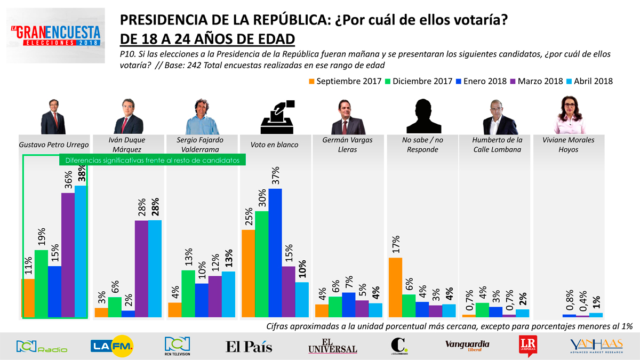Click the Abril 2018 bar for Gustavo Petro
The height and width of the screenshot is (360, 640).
81,251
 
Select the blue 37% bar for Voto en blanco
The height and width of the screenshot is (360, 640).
275,253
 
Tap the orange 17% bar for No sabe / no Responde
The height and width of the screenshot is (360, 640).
395,287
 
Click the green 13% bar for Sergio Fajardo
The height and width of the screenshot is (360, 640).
188,293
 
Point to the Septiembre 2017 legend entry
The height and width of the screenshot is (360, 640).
345,82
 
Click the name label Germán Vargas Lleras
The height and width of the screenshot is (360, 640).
348,145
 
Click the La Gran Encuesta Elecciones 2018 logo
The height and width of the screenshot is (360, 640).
55,36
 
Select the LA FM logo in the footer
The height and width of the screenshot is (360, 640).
112,346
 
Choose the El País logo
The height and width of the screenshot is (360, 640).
249,347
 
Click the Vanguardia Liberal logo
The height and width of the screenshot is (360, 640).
467,346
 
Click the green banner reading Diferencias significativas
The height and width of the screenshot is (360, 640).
152,159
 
